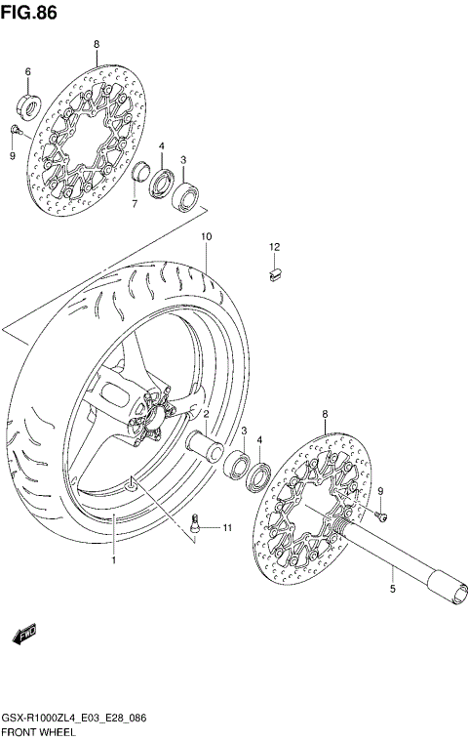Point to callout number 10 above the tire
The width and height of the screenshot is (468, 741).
click(206, 237)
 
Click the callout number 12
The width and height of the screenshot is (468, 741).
click(275, 246)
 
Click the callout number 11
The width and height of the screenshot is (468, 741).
click(226, 528)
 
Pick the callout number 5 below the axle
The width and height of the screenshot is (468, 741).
click(392, 590)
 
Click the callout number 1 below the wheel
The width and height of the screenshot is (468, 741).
click(113, 560)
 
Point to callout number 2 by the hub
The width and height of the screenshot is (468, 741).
click(207, 414)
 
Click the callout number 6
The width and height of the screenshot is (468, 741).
click(27, 72)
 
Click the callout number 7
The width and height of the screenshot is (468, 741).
click(135, 204)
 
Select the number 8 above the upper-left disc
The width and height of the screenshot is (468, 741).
click(96, 45)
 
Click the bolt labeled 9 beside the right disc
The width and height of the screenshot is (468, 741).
click(381, 513)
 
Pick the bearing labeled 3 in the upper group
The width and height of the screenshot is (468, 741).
click(186, 198)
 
